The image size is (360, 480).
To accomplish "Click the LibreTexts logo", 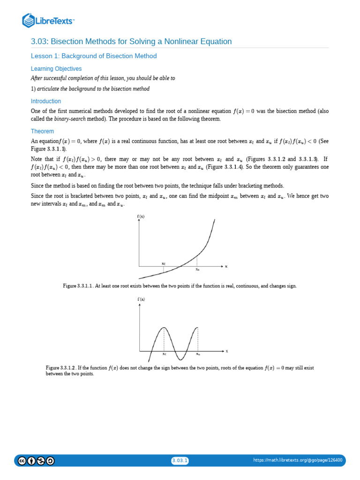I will click(x=48, y=21).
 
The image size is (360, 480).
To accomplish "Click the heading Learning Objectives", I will click(x=56, y=69).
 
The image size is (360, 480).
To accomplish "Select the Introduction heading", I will click(x=46, y=101).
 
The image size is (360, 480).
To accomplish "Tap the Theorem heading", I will click(x=42, y=131).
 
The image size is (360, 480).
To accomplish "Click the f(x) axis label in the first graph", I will click(x=141, y=216).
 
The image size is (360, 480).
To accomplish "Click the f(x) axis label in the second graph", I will click(x=141, y=299).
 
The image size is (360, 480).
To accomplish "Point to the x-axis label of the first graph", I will click(x=226, y=266).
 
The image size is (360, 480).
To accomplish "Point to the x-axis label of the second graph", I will click(x=227, y=351).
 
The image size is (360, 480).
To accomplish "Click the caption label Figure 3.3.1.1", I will click(x=78, y=285).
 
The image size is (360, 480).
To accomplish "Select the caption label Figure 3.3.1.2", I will click(x=61, y=368).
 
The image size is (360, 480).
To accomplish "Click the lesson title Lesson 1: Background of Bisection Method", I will click(x=94, y=56).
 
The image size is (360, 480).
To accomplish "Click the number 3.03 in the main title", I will click(x=40, y=42).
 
